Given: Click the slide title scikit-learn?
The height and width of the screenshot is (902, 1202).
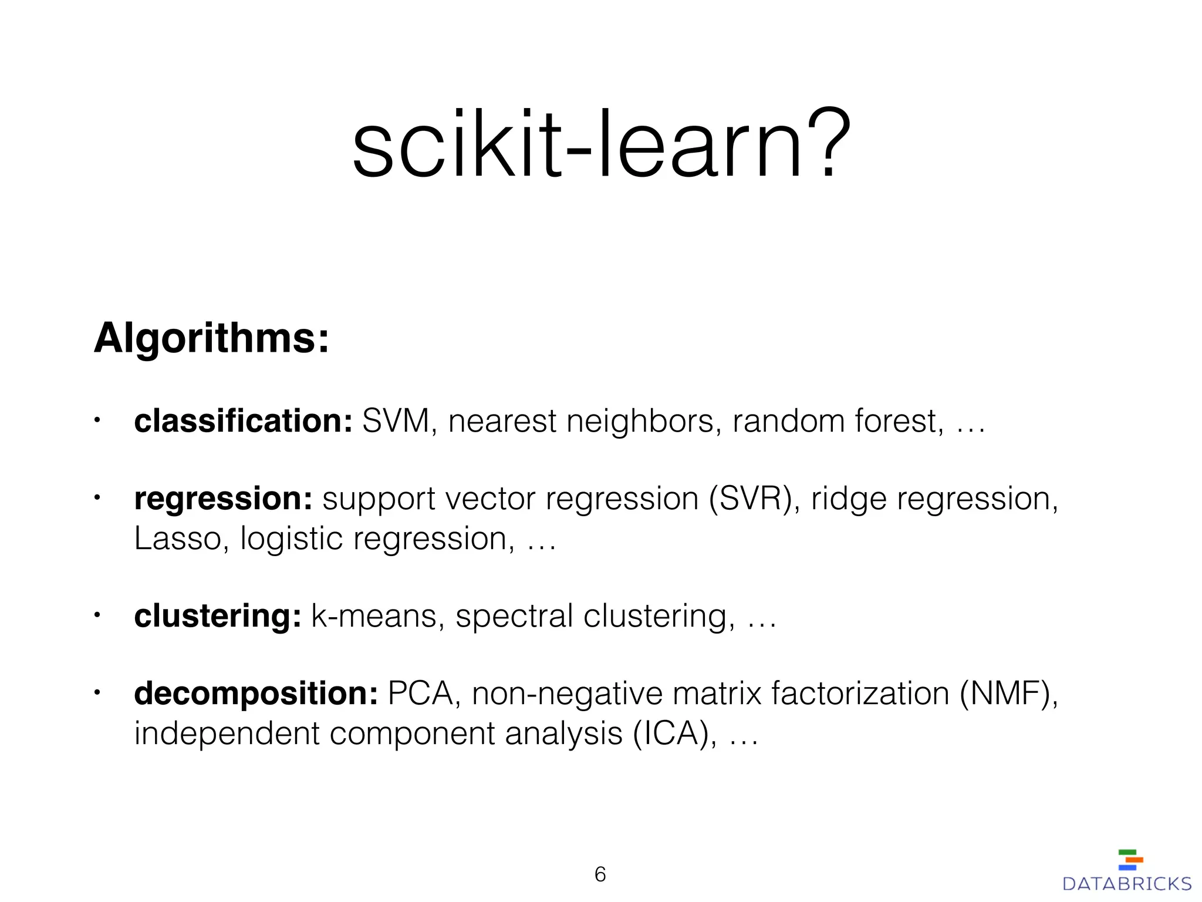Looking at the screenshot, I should pyautogui.click(x=601, y=144).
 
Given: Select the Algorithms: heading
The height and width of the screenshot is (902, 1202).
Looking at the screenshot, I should pyautogui.click(x=211, y=339).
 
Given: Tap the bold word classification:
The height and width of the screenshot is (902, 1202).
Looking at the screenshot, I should pyautogui.click(x=243, y=421).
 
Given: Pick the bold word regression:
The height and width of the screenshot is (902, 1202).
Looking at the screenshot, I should pyautogui.click(x=223, y=499).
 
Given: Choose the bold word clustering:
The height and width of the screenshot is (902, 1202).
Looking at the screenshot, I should pyautogui.click(x=218, y=617).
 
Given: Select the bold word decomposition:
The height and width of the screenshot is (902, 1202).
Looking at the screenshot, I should pyautogui.click(x=256, y=694).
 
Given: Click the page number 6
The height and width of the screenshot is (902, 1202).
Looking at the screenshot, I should pyautogui.click(x=600, y=874).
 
